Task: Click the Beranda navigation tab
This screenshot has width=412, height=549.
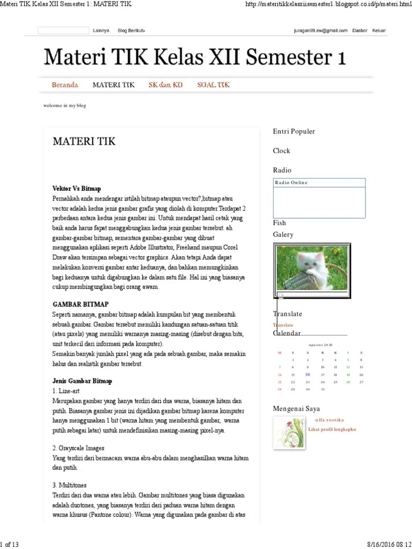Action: click(x=65, y=85)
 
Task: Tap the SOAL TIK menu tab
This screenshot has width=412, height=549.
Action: click(x=213, y=85)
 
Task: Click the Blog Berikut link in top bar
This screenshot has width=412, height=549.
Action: click(x=131, y=31)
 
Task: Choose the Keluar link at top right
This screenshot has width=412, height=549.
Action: click(x=379, y=31)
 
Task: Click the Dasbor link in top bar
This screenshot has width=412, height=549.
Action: click(x=360, y=31)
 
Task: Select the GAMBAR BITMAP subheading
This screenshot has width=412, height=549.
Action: click(x=80, y=304)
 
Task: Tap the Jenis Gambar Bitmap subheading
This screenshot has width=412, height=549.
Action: click(x=82, y=381)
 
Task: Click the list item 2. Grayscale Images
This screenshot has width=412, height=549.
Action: click(x=78, y=448)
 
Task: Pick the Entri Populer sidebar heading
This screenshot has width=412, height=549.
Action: click(x=293, y=131)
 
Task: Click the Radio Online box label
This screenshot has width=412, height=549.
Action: click(x=291, y=183)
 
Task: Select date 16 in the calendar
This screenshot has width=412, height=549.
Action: click(x=307, y=375)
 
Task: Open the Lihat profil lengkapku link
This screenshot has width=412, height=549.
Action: click(x=332, y=429)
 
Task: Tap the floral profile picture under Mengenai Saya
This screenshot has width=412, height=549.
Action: click(x=289, y=433)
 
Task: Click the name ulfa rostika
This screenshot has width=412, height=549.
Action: click(x=329, y=420)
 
